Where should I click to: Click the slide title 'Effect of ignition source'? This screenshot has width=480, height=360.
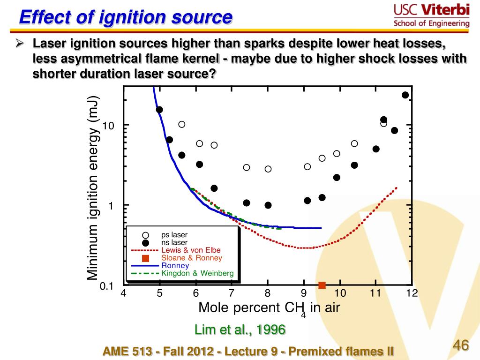tap(126, 18)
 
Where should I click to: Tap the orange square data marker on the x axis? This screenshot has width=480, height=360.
tap(322, 285)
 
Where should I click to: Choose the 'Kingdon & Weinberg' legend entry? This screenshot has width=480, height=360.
tap(197, 273)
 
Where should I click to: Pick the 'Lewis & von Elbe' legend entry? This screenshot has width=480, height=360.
tap(191, 250)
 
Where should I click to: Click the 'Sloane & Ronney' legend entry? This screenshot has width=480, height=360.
tap(192, 258)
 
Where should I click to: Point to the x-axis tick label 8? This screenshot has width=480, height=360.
tap(268, 294)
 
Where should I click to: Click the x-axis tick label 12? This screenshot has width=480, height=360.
tap(412, 294)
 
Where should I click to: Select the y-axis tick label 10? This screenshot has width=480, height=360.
tap(109, 126)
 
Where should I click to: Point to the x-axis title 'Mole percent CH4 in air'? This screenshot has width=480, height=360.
tap(269, 308)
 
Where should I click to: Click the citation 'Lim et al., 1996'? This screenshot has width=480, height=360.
tap(240, 330)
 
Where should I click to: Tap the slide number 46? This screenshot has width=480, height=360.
tap(461, 346)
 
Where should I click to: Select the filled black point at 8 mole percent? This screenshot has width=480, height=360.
tap(268, 205)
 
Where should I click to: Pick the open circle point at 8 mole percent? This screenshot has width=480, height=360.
tap(268, 169)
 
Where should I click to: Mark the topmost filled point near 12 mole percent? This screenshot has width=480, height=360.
tap(405, 95)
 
